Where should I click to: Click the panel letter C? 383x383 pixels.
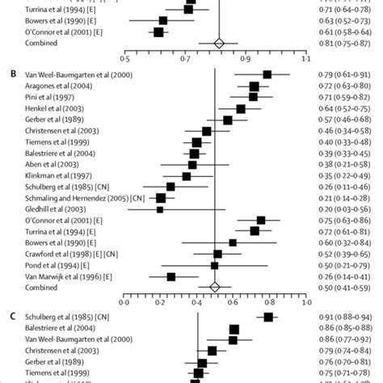(11, 317)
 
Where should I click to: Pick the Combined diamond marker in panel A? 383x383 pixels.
(218, 43)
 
